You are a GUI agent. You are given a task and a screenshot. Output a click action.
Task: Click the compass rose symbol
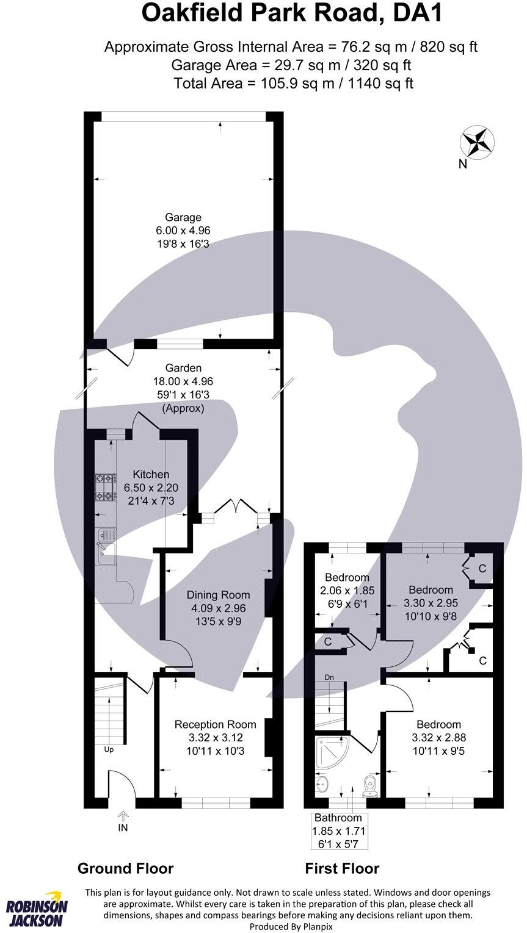coord(477,142)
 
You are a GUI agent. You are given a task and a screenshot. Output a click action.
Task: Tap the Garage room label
coord(183,217)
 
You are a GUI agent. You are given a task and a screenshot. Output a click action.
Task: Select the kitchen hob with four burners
coord(106,488)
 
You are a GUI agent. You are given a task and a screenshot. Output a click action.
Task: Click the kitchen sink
coord(106,546)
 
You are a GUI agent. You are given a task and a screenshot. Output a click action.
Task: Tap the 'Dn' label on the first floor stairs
coord(329,677)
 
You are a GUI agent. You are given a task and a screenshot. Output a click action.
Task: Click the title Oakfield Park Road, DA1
coord(291,13)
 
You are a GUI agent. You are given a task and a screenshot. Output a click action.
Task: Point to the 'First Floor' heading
coord(342,868)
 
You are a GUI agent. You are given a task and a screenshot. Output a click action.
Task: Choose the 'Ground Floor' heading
coord(125,868)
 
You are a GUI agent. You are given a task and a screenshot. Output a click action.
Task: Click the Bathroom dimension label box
coord(338,830)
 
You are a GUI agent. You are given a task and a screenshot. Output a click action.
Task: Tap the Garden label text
coord(183,368)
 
